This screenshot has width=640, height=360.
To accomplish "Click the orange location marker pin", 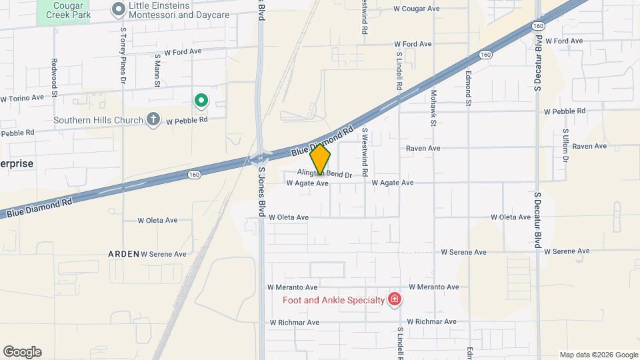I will coord(320,160).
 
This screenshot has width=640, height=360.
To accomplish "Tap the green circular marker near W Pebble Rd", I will coord(201,101).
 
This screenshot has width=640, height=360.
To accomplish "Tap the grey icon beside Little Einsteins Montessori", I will coord(119,9).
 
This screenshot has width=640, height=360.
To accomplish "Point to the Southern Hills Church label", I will coord(99,120).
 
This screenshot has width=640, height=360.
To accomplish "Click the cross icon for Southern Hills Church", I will coord(153,120).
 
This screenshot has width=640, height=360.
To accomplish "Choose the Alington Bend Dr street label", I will coord(324,173).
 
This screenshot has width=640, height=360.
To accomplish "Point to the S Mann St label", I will coord(157,71).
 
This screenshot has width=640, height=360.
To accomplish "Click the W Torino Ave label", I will coord(22,97).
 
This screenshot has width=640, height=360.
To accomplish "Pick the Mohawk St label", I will coord(433,108).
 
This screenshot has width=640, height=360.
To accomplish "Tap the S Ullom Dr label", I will coord(565,146).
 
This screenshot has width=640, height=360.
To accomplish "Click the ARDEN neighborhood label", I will coord(123,254).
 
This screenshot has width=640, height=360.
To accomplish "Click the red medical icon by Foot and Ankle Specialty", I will coord(395,299).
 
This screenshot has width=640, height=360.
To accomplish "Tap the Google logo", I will coord(22,352).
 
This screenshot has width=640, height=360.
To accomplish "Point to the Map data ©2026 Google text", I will coord(599,355).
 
